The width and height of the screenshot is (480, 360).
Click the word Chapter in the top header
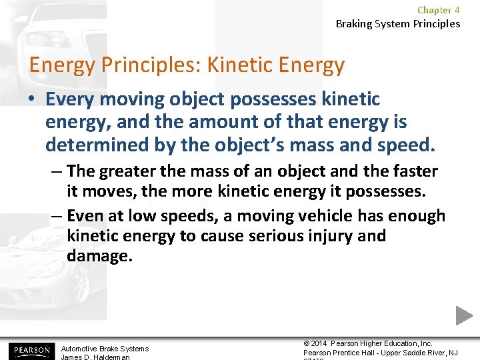click(x=434, y=10)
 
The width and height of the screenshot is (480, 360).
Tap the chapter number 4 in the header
click(x=457, y=10)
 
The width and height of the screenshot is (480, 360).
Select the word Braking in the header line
click(x=355, y=24)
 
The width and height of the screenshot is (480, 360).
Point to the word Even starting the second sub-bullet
click(x=87, y=216)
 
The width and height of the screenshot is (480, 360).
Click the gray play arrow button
click(x=464, y=315)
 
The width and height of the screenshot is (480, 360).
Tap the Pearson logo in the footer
click(x=29, y=350)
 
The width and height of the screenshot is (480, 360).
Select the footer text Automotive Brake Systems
click(x=105, y=349)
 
